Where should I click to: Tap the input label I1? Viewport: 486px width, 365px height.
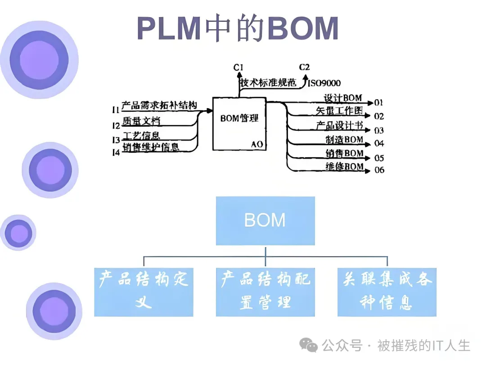[x=116, y=109]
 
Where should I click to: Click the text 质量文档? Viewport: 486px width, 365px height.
[x=141, y=121]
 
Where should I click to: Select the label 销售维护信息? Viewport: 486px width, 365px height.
[x=150, y=147]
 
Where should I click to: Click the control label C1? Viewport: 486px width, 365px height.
[x=238, y=68]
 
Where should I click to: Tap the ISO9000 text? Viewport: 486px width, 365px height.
[x=324, y=83]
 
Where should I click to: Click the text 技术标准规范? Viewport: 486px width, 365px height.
[x=268, y=83]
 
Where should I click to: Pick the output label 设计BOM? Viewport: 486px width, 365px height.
[x=343, y=98]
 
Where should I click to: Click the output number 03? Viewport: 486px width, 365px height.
[x=379, y=131]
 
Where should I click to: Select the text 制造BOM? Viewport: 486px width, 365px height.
[x=344, y=140]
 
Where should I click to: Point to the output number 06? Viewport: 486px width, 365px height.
[x=379, y=170]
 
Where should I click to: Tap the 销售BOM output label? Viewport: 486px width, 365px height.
[x=344, y=153]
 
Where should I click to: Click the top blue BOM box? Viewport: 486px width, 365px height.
[x=265, y=220]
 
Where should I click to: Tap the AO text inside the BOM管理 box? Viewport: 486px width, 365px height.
[x=257, y=145]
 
